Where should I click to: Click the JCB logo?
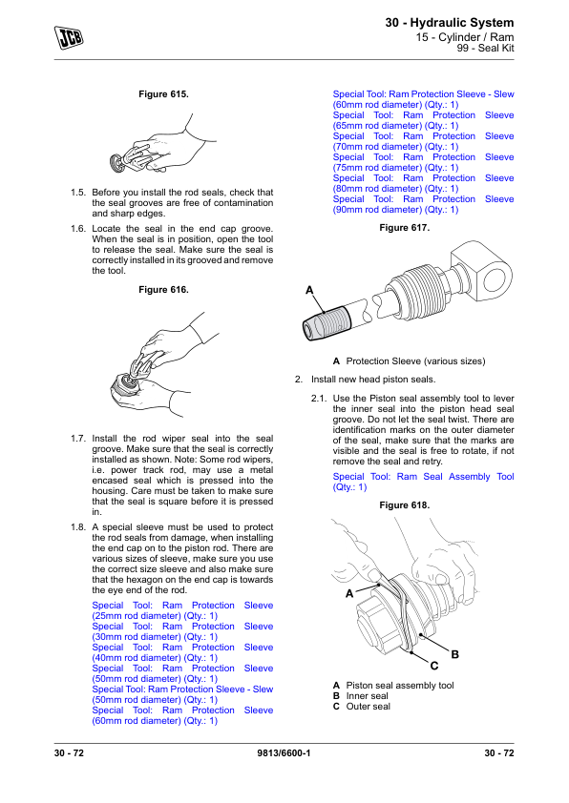pos(69,36)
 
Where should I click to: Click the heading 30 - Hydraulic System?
pos(449,22)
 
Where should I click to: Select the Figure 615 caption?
pos(164,95)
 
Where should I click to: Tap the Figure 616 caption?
pos(164,288)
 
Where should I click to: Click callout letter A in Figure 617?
pos(309,289)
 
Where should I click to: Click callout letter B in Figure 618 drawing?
pos(455,654)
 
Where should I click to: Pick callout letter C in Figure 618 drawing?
pos(433,665)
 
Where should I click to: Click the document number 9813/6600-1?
pos(284,754)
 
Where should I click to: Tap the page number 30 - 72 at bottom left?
pos(74,754)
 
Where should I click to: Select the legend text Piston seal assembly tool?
pos(400,686)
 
